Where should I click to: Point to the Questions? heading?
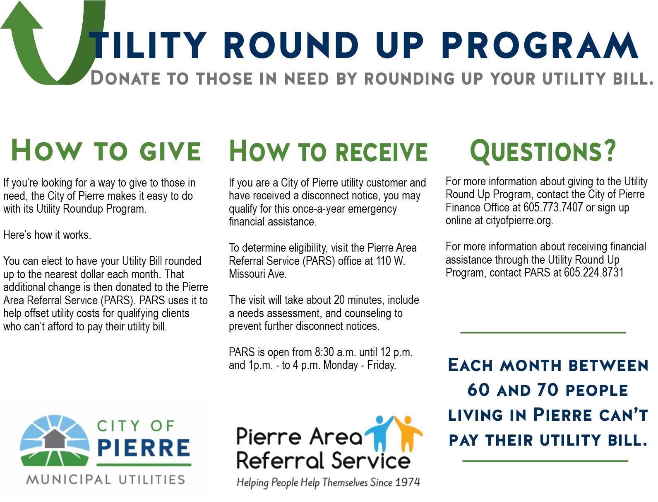(x=543, y=151)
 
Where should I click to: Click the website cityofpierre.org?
(x=519, y=221)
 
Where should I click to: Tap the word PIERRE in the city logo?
(x=143, y=448)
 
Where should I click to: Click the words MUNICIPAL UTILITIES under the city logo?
(x=106, y=480)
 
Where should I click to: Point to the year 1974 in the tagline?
(x=407, y=482)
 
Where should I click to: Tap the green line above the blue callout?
(x=543, y=332)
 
